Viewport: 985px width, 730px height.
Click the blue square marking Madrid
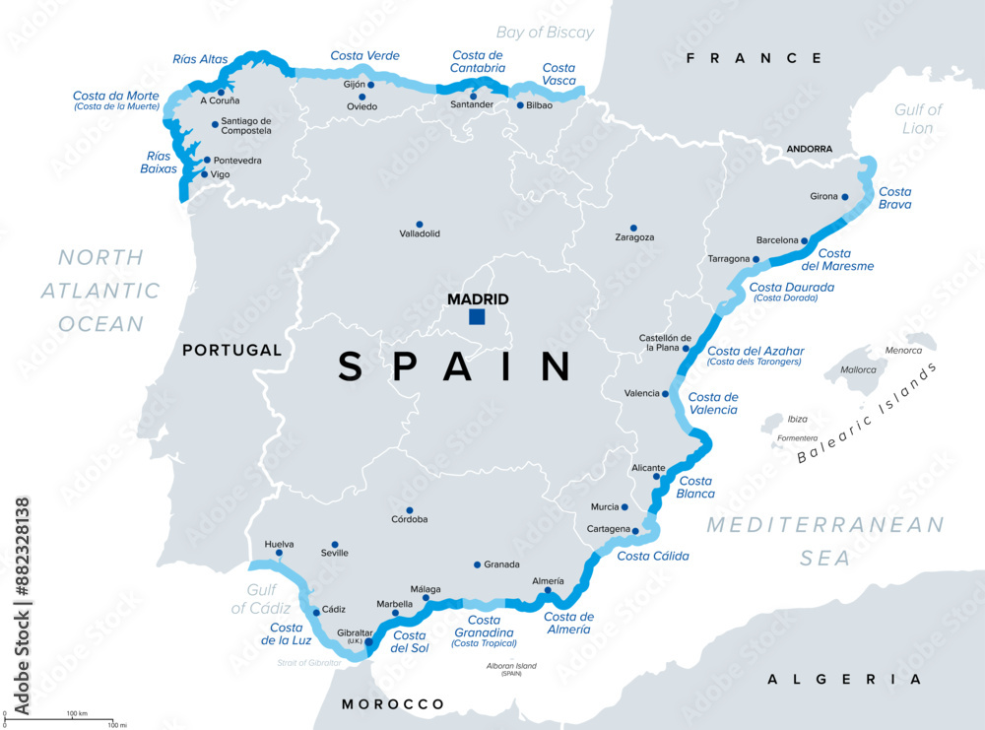(478, 317)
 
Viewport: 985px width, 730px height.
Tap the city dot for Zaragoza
(633, 228)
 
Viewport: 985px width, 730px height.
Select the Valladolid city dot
(420, 225)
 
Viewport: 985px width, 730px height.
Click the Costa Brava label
(894, 198)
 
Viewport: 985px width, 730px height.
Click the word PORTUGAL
(231, 350)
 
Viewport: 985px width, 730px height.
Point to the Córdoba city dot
(410, 510)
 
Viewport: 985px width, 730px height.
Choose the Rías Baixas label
(158, 162)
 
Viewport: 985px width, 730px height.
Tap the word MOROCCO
(393, 704)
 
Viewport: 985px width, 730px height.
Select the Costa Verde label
(364, 56)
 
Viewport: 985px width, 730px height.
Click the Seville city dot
(335, 544)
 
